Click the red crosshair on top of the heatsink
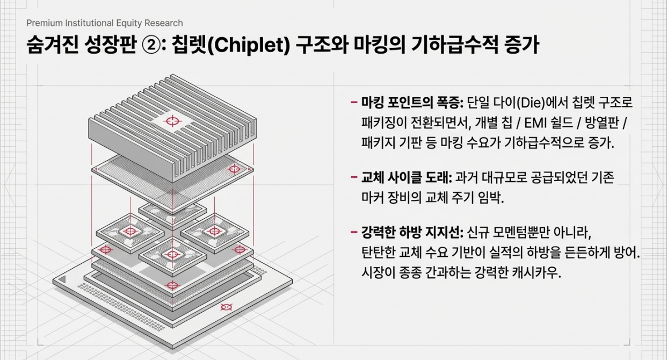click(x=172, y=121)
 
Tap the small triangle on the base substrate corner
click(x=64, y=279)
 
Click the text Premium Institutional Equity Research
click(x=104, y=23)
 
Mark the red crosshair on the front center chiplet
click(x=172, y=254)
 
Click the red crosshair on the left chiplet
click(x=129, y=232)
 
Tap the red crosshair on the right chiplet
click(x=214, y=232)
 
